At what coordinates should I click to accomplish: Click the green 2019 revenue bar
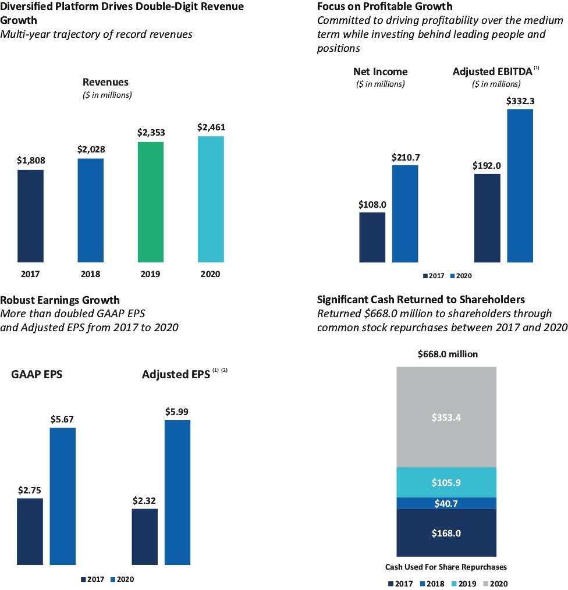point(151,202)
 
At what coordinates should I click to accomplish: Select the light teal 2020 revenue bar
point(211,199)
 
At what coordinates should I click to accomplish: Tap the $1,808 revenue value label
point(31,161)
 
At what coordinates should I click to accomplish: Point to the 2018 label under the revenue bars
point(91,274)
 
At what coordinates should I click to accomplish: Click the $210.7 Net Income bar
point(405,214)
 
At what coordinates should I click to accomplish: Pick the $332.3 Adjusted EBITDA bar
point(520,186)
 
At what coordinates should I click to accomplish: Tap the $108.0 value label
point(372,204)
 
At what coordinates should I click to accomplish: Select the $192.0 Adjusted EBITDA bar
point(488,218)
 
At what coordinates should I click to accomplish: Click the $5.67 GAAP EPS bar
point(62,496)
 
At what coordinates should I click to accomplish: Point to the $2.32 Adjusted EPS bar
point(145,536)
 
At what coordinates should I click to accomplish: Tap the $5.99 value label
point(177,411)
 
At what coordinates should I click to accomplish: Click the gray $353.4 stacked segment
point(446,417)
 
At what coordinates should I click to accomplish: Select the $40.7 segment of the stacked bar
point(446,503)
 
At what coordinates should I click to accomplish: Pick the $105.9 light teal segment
point(446,482)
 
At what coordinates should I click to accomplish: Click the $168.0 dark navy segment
point(446,533)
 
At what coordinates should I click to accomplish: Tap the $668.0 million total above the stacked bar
point(446,354)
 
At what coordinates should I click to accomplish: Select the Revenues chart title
point(105,82)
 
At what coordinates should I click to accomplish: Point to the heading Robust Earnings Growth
point(60,300)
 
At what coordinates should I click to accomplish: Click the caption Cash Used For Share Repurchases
point(446,567)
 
